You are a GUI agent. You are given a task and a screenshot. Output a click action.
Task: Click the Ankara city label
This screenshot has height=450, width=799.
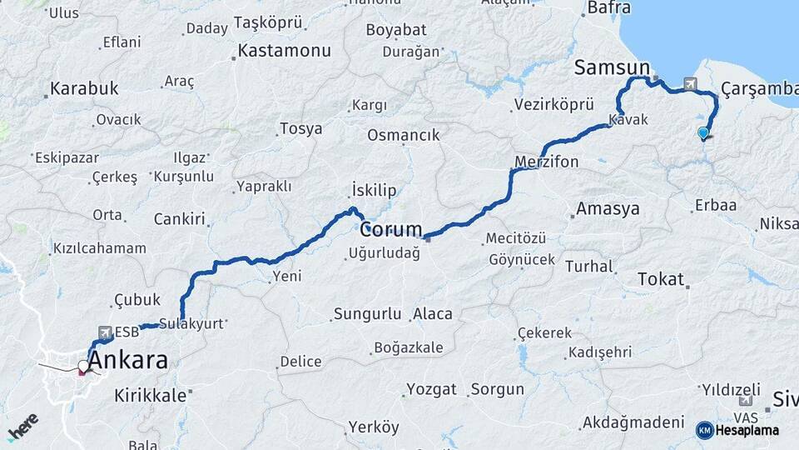point(127,362)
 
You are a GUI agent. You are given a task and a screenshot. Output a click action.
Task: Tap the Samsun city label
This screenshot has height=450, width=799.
point(612,68)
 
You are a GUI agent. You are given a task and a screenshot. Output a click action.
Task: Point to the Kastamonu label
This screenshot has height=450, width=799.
point(284,51)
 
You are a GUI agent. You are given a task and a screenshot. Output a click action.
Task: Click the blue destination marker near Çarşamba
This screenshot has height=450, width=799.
point(703,132)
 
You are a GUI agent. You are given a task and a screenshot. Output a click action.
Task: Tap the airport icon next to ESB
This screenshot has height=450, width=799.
point(106,332)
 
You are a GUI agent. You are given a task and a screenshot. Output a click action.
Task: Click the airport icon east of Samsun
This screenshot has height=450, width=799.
point(690,83)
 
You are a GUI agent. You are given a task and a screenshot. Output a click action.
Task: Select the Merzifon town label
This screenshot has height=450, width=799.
point(546,162)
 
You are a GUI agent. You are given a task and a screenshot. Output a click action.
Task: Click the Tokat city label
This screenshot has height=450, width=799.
point(660,279)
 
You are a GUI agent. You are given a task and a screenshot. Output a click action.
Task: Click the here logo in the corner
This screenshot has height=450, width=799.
point(22,427)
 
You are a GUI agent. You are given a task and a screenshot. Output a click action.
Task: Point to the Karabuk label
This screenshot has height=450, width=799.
point(84,88)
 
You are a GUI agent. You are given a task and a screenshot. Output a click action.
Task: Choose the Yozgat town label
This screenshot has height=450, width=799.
point(431,389)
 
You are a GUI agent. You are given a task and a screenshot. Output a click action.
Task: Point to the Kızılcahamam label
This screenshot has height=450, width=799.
point(99,248)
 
